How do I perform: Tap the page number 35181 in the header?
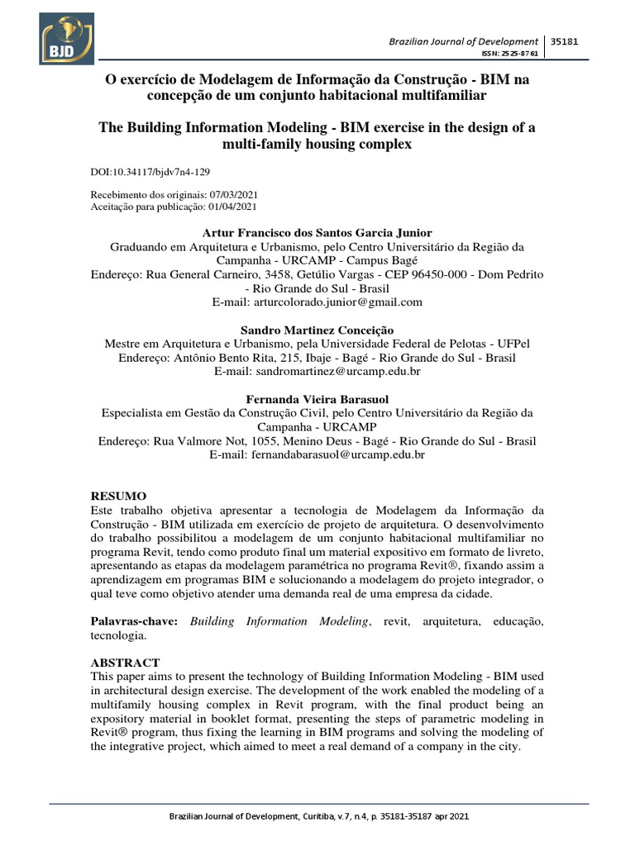tap(566, 40)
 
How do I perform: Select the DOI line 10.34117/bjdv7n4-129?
tap(149, 173)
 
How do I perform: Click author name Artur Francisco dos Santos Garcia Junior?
tap(317, 232)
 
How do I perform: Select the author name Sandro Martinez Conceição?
tap(317, 330)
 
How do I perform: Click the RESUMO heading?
tap(117, 496)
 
